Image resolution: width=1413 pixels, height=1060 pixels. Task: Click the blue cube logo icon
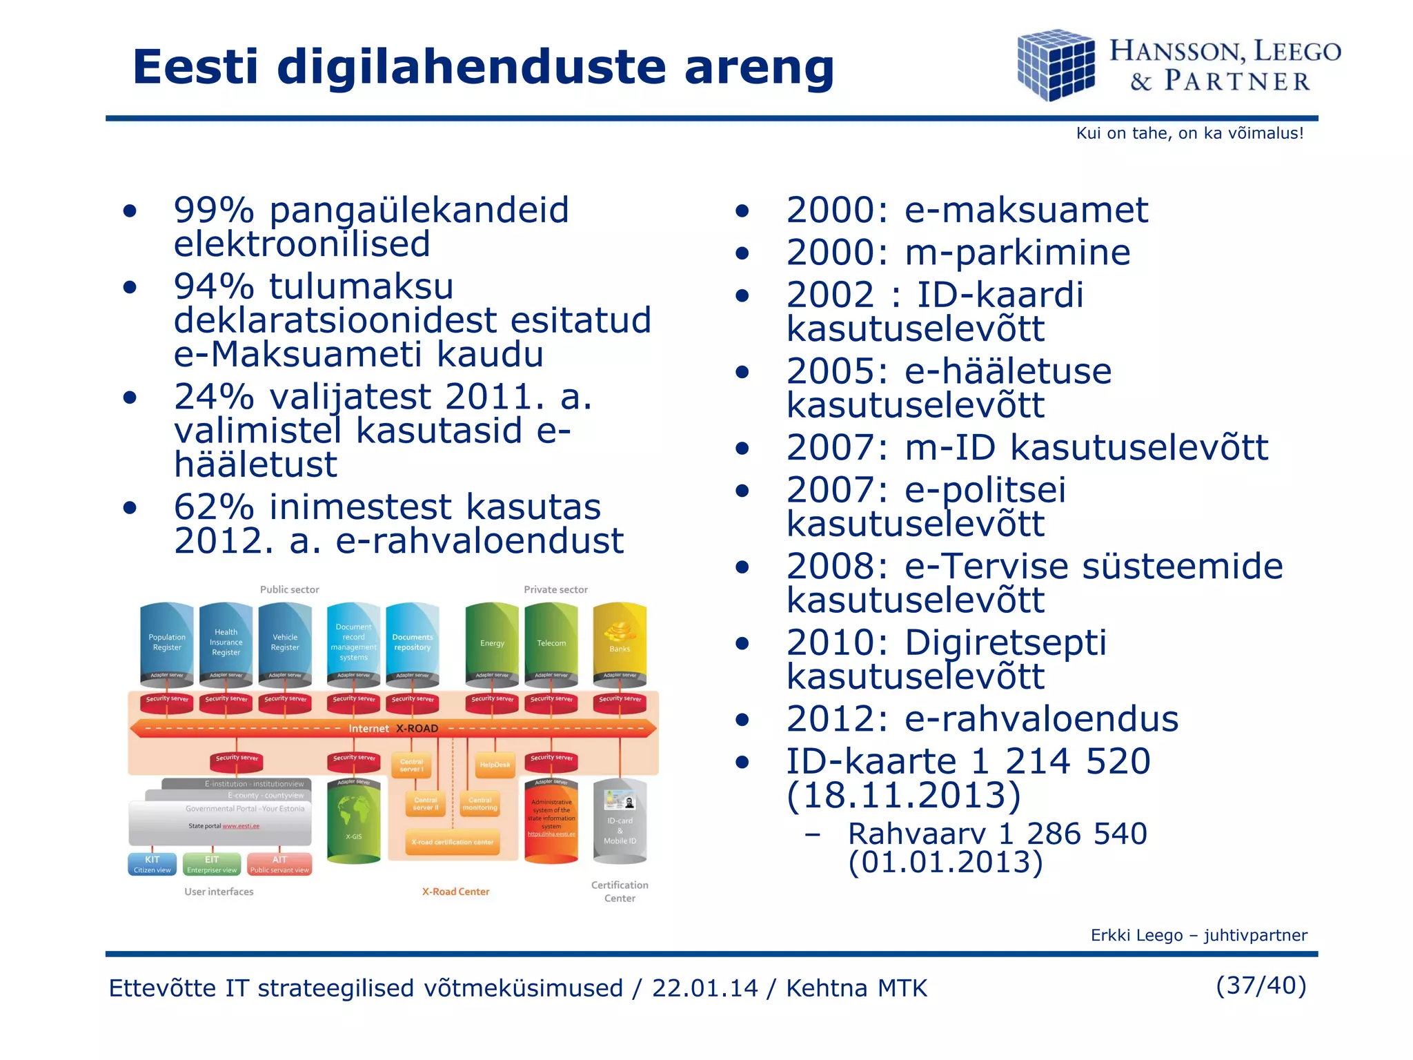tap(1056, 66)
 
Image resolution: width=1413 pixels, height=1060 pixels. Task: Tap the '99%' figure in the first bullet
tap(214, 210)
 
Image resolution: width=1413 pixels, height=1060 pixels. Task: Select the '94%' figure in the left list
tap(214, 286)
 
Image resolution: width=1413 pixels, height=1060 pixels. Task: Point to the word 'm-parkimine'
tap(1018, 253)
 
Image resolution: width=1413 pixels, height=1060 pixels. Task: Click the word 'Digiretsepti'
tap(1005, 642)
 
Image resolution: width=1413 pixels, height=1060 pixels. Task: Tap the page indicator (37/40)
tap(1261, 985)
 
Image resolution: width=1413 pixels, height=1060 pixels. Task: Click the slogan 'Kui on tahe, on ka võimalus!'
tap(1189, 133)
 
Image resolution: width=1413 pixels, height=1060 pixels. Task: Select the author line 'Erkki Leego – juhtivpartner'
tap(1198, 935)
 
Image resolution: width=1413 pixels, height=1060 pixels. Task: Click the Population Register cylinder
tap(167, 642)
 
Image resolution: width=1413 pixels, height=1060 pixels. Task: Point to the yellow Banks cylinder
tap(620, 642)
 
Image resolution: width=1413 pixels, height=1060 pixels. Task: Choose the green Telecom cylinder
tap(551, 642)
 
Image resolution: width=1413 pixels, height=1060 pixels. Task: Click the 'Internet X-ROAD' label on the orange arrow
tap(393, 728)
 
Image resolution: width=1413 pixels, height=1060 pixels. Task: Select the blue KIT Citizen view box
tap(152, 864)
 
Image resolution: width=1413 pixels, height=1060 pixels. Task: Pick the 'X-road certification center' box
tap(453, 842)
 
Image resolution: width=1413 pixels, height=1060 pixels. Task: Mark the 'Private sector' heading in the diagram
tap(555, 589)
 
